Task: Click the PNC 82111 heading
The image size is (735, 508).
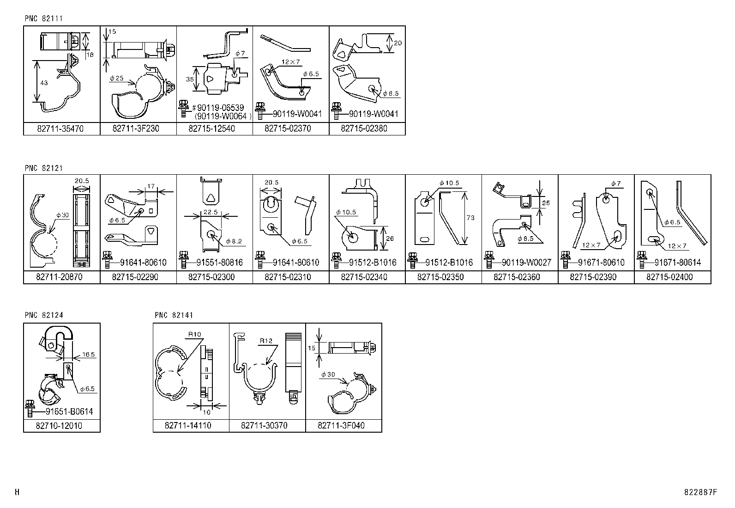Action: click(x=43, y=18)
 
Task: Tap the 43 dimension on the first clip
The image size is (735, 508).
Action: click(x=43, y=83)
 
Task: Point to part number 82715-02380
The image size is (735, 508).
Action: click(x=364, y=129)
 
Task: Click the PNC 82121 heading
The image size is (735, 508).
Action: click(x=43, y=168)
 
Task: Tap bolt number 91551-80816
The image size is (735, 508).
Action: click(x=219, y=263)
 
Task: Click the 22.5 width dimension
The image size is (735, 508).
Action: click(x=210, y=213)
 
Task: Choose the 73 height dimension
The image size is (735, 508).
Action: click(x=470, y=218)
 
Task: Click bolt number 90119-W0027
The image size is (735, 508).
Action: click(x=526, y=263)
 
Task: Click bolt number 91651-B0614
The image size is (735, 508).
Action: click(x=69, y=412)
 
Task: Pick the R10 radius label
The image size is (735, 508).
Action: click(x=194, y=334)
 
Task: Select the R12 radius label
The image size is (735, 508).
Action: click(x=266, y=341)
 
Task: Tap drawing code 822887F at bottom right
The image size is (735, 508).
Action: click(x=700, y=492)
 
